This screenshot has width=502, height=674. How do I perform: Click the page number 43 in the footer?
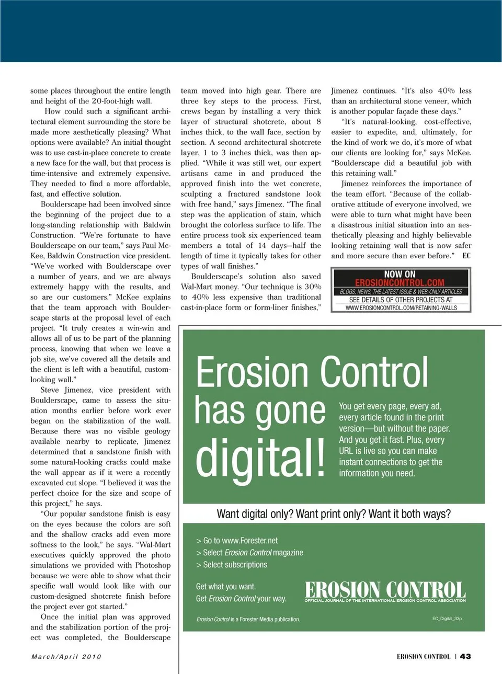[x=465, y=656]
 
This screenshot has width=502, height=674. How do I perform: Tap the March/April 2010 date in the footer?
[x=66, y=656]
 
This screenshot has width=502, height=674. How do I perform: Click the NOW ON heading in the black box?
[x=400, y=274]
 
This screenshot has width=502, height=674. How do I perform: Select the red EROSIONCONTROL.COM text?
[x=400, y=283]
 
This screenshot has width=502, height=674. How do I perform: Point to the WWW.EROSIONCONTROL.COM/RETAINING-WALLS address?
[x=401, y=308]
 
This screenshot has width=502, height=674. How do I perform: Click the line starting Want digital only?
[x=334, y=514]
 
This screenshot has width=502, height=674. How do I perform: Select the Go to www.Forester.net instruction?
[x=237, y=541]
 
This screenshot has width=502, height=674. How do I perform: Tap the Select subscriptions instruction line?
[x=232, y=565]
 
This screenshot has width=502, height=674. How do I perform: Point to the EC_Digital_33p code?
[x=447, y=619]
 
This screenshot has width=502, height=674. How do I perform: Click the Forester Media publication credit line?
[x=248, y=619]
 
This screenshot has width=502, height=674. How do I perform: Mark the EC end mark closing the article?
[x=466, y=256]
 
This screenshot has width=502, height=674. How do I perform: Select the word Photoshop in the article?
[x=153, y=565]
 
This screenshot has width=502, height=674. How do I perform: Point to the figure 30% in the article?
[x=313, y=287]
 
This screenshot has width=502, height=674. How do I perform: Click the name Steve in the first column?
[x=50, y=390]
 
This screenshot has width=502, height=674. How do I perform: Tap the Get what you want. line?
[x=226, y=587]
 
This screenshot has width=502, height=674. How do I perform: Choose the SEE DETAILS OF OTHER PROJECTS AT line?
[x=401, y=300]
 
